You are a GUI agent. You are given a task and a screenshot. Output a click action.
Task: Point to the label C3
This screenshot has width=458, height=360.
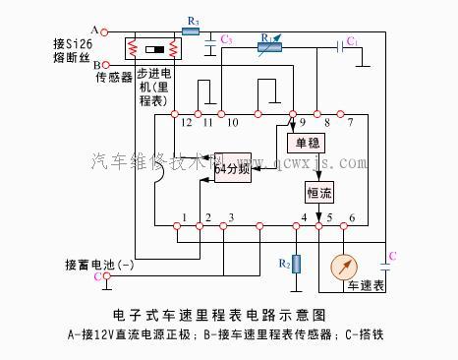coord(227,39)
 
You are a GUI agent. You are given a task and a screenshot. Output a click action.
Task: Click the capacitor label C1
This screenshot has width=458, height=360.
coord(352,39)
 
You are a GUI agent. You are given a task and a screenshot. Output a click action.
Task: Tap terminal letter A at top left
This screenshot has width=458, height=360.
coord(94,30)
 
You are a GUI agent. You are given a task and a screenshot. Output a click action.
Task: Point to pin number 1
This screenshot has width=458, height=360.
coord(184,216)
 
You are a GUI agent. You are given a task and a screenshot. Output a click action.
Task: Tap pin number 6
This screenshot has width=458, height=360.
coord(351,216)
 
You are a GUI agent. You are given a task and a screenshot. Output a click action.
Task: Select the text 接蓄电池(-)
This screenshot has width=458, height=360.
coord(99,266)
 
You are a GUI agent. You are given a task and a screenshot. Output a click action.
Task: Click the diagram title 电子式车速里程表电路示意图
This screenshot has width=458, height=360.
coord(228,315)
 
